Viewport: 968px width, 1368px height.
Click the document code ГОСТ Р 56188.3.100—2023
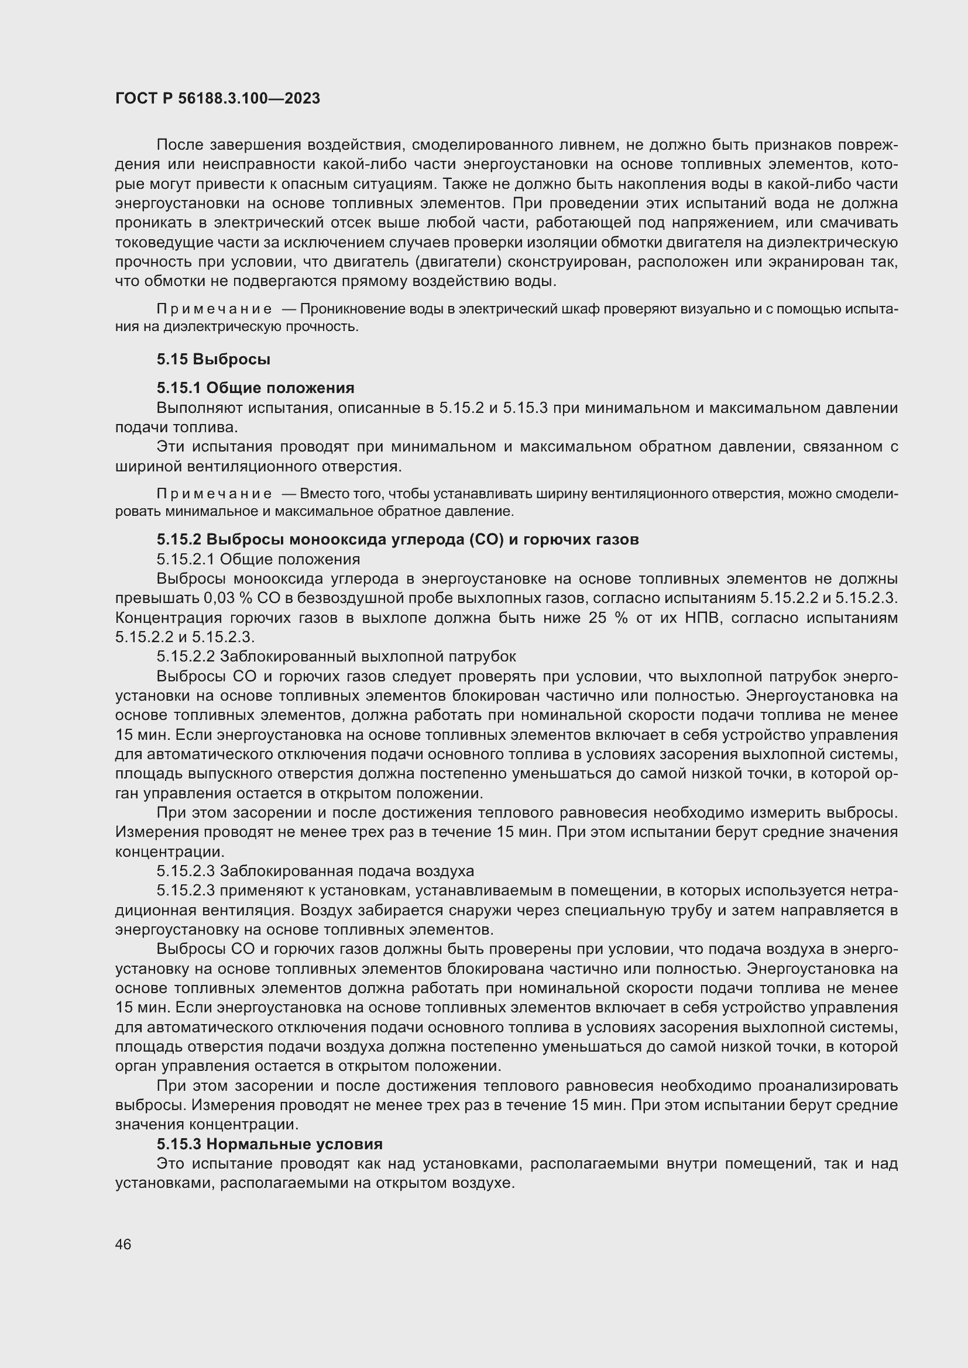pyautogui.click(x=218, y=98)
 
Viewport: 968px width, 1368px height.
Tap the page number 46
pyautogui.click(x=123, y=1244)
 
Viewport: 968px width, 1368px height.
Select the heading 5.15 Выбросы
pyautogui.click(x=214, y=359)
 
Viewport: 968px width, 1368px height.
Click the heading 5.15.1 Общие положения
pyautogui.click(x=255, y=388)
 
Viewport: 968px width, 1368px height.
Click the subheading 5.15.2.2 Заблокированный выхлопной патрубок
pyautogui.click(x=336, y=657)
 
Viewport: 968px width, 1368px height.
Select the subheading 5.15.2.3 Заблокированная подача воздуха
pyautogui.click(x=315, y=871)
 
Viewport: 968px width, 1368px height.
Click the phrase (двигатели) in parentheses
pyautogui.click(x=458, y=261)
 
